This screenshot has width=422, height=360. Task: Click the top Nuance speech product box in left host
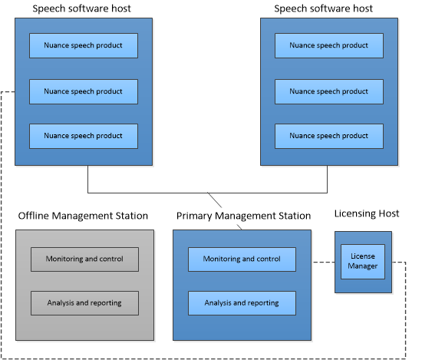84,45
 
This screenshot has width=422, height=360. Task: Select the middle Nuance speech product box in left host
84,91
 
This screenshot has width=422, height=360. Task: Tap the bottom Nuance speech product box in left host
84,136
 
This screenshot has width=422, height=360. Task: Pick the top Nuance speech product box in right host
329,45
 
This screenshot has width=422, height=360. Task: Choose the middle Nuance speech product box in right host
329,91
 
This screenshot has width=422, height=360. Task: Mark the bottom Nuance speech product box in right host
329,136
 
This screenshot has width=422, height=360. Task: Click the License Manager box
362,262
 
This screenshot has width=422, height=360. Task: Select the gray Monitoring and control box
84,259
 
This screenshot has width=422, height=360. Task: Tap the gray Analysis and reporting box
84,303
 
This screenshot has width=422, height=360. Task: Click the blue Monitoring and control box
242,259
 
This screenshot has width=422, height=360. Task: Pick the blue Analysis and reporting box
242,303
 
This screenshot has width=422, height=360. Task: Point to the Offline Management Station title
83,216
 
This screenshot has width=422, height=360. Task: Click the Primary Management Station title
243,216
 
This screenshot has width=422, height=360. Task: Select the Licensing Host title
367,213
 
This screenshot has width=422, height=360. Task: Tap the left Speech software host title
81,8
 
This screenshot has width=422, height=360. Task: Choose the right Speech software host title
323,8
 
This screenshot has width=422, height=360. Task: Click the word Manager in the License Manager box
362,266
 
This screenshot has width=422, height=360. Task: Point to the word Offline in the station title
34,216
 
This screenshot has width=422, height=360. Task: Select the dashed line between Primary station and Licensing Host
324,262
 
